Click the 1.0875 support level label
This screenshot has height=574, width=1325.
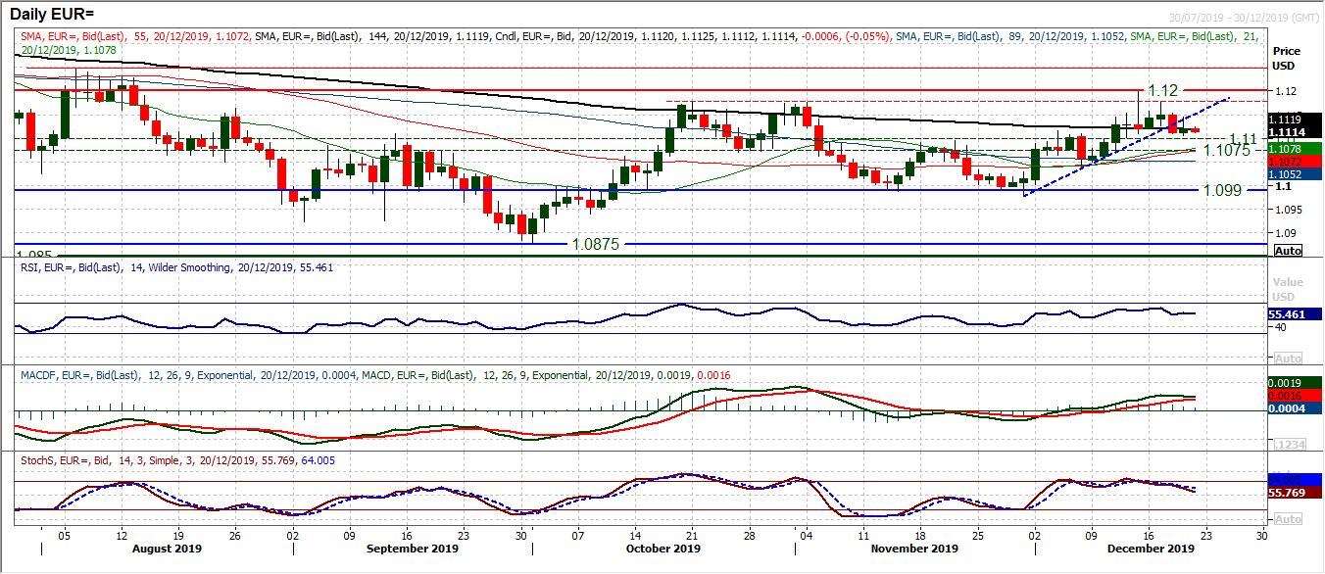(597, 243)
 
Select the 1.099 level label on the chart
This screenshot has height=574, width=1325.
(1226, 190)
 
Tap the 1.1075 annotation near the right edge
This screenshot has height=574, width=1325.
(1226, 150)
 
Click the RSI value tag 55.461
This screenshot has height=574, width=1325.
(1291, 314)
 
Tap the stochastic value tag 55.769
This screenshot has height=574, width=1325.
(1290, 493)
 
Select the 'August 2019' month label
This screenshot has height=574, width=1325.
(167, 550)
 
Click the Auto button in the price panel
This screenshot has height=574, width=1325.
(1288, 251)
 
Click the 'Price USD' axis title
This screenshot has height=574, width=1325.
(1285, 57)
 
